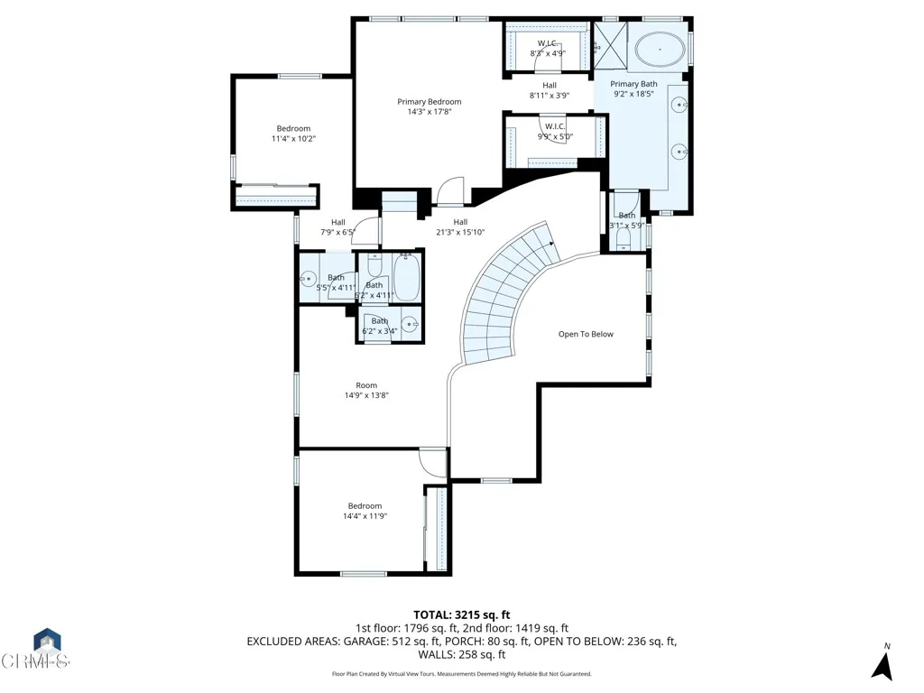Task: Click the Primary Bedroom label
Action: click(429, 102)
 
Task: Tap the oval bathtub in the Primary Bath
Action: click(661, 51)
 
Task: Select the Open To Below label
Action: click(585, 335)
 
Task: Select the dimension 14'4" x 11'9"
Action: click(365, 517)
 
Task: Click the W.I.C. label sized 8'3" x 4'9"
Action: click(548, 48)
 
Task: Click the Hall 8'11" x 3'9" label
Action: click(549, 90)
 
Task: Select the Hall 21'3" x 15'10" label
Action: click(460, 227)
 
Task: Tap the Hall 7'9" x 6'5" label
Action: click(337, 227)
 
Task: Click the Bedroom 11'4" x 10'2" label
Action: click(293, 134)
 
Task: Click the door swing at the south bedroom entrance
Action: click(433, 461)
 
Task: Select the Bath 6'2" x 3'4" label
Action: click(380, 326)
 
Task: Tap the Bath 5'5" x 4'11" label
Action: click(336, 282)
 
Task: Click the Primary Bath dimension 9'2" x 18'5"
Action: click(633, 94)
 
